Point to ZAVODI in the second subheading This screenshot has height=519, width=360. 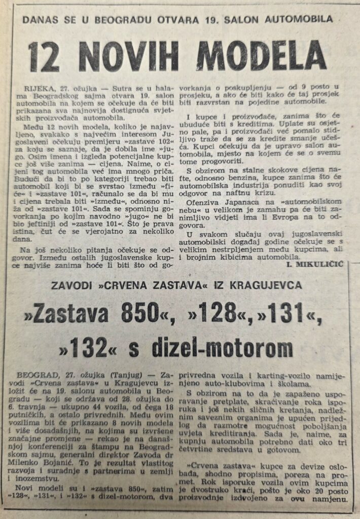click(73, 285)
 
